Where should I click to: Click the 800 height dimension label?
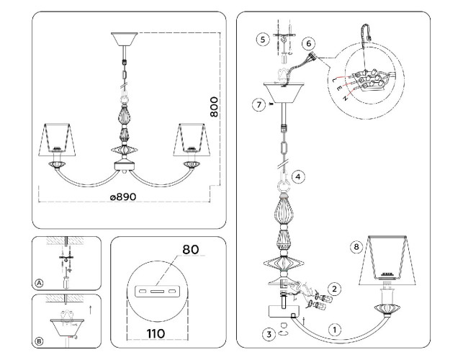213,107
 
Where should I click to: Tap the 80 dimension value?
190,251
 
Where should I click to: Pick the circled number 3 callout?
267,334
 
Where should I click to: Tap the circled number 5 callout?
263,38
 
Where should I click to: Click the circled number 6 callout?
310,43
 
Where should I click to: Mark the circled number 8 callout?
355,247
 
